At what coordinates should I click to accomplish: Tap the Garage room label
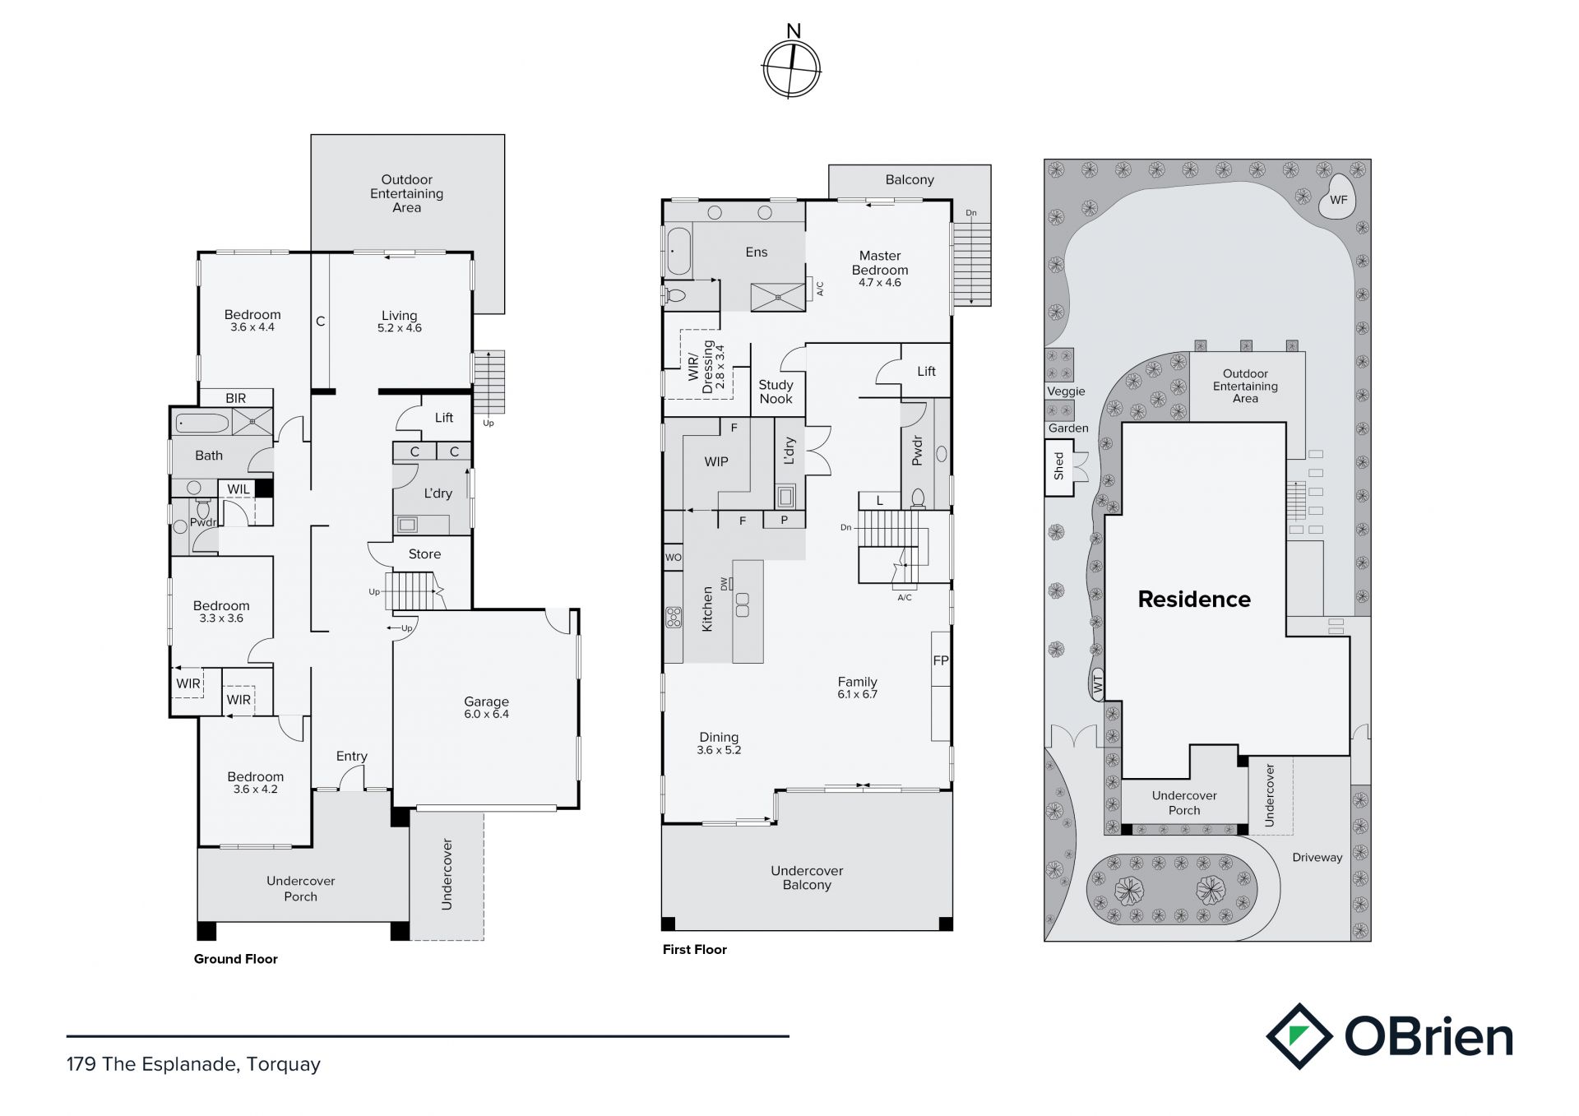pos(486,707)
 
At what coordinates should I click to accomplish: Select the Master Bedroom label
pos(880,269)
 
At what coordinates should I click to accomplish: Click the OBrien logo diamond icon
pos(1299,1036)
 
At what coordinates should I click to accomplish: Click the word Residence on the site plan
pos(1194,600)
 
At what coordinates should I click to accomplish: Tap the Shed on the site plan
pos(1059,467)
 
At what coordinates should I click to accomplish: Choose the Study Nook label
pos(776,391)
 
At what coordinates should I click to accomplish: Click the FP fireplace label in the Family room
pos(941,660)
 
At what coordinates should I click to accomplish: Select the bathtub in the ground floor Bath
pos(202,424)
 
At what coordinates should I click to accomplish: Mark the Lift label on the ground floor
pos(444,418)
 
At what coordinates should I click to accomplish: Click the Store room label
pos(424,554)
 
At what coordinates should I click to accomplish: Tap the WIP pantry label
pos(716,462)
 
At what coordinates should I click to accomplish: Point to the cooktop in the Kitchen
pos(674,618)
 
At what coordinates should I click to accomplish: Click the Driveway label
pos(1317,857)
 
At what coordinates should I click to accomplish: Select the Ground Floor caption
pos(236,959)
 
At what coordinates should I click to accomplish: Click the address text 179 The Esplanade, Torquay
pos(193,1064)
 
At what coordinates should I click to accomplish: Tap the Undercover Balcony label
pos(807,878)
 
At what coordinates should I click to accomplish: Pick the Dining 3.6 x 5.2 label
pos(719,743)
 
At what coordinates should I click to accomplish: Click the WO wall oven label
pos(673,558)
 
